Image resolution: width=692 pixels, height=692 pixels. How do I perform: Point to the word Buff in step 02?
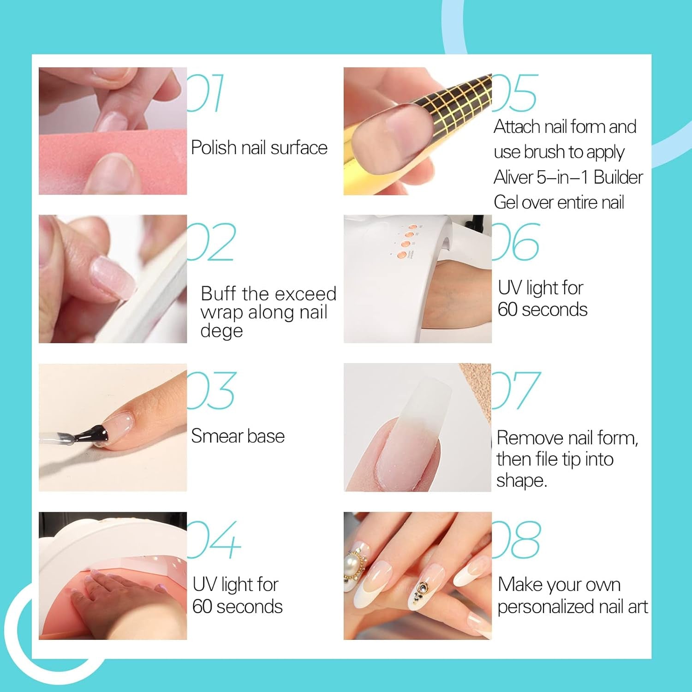[x=218, y=293]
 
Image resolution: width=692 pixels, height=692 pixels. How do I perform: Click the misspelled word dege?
[x=221, y=331]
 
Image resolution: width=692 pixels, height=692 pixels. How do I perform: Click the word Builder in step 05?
[x=618, y=177]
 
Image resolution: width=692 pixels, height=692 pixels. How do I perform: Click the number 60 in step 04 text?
[x=202, y=607]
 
